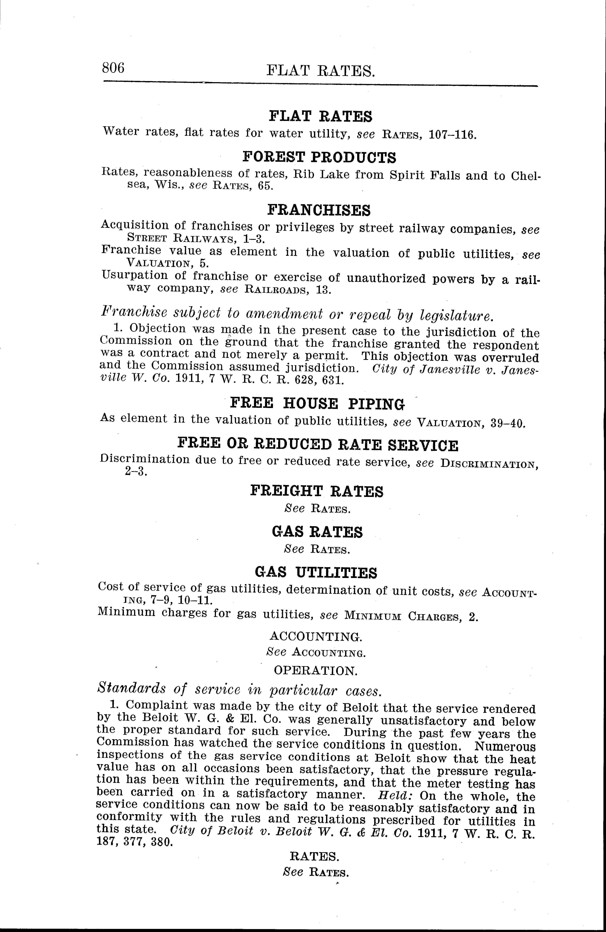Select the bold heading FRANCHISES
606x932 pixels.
click(319, 210)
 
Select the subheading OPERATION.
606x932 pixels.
click(315, 671)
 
